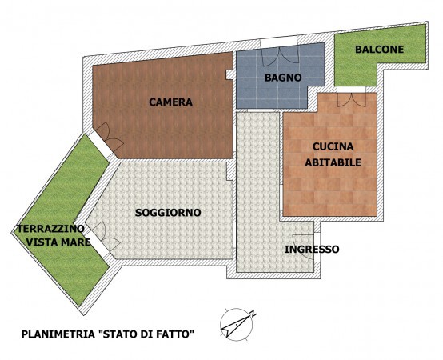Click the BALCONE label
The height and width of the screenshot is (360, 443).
click(x=380, y=50)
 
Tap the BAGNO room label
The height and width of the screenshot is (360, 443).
click(x=283, y=78)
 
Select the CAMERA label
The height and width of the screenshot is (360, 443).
click(x=170, y=102)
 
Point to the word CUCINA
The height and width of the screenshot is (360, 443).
click(x=333, y=146)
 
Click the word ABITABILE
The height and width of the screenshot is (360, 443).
click(x=333, y=162)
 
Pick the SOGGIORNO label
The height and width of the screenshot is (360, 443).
click(x=168, y=213)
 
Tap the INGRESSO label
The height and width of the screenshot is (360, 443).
click(x=312, y=250)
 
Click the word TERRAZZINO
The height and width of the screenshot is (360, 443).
click(x=50, y=229)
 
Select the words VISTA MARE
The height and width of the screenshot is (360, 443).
click(x=58, y=242)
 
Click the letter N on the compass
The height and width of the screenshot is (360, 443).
click(x=253, y=314)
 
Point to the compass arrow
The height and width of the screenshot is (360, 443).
click(x=236, y=324)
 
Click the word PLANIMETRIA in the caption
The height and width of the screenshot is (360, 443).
click(x=58, y=334)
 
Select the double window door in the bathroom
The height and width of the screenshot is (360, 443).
click(x=280, y=58)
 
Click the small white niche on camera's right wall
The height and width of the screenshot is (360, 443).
click(x=229, y=75)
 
